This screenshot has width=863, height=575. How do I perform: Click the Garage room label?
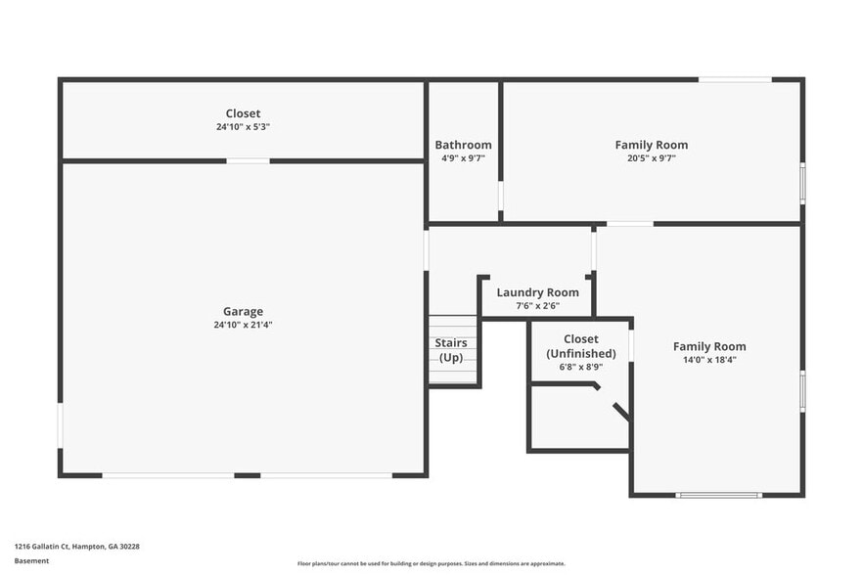(x=243, y=312)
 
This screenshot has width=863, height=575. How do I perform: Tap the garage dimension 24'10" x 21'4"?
(x=243, y=325)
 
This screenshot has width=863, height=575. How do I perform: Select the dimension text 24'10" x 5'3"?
(x=243, y=127)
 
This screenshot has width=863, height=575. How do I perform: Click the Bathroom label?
(x=463, y=146)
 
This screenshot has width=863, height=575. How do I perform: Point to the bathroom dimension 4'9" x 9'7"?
(x=463, y=158)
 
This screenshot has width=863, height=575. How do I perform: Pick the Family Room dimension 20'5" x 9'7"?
(x=651, y=158)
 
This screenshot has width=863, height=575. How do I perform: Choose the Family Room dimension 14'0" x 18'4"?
(x=708, y=360)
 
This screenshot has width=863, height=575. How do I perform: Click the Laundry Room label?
(x=537, y=292)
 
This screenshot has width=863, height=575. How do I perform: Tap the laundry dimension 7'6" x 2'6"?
(x=537, y=306)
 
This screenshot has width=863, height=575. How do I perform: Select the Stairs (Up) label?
(x=451, y=350)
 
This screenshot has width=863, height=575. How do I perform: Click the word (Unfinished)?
(x=581, y=354)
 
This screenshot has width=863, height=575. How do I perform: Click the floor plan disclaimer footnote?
(x=431, y=564)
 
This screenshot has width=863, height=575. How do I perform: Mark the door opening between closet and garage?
(x=249, y=160)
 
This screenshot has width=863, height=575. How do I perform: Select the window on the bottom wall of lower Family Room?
(x=719, y=495)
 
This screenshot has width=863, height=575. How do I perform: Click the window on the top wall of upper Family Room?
(x=735, y=79)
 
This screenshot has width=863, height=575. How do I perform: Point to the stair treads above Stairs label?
(x=453, y=325)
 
